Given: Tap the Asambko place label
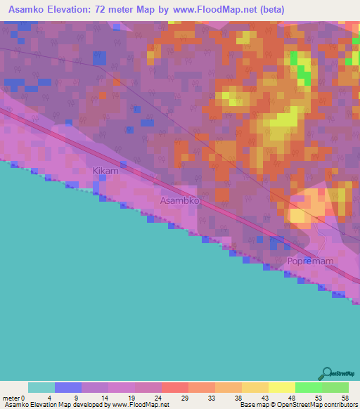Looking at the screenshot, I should (x=180, y=200).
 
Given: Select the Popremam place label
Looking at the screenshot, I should (x=310, y=261).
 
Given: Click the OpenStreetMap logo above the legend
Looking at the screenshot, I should (x=337, y=374).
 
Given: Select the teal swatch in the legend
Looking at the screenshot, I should (x=41, y=387).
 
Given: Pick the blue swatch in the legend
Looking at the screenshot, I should (x=68, y=387).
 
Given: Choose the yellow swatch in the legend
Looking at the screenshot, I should (x=282, y=387).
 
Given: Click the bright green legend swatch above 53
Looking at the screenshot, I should (x=309, y=387).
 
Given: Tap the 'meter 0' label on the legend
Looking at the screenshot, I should (x=15, y=397).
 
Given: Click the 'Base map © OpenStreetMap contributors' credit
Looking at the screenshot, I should (x=298, y=405).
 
